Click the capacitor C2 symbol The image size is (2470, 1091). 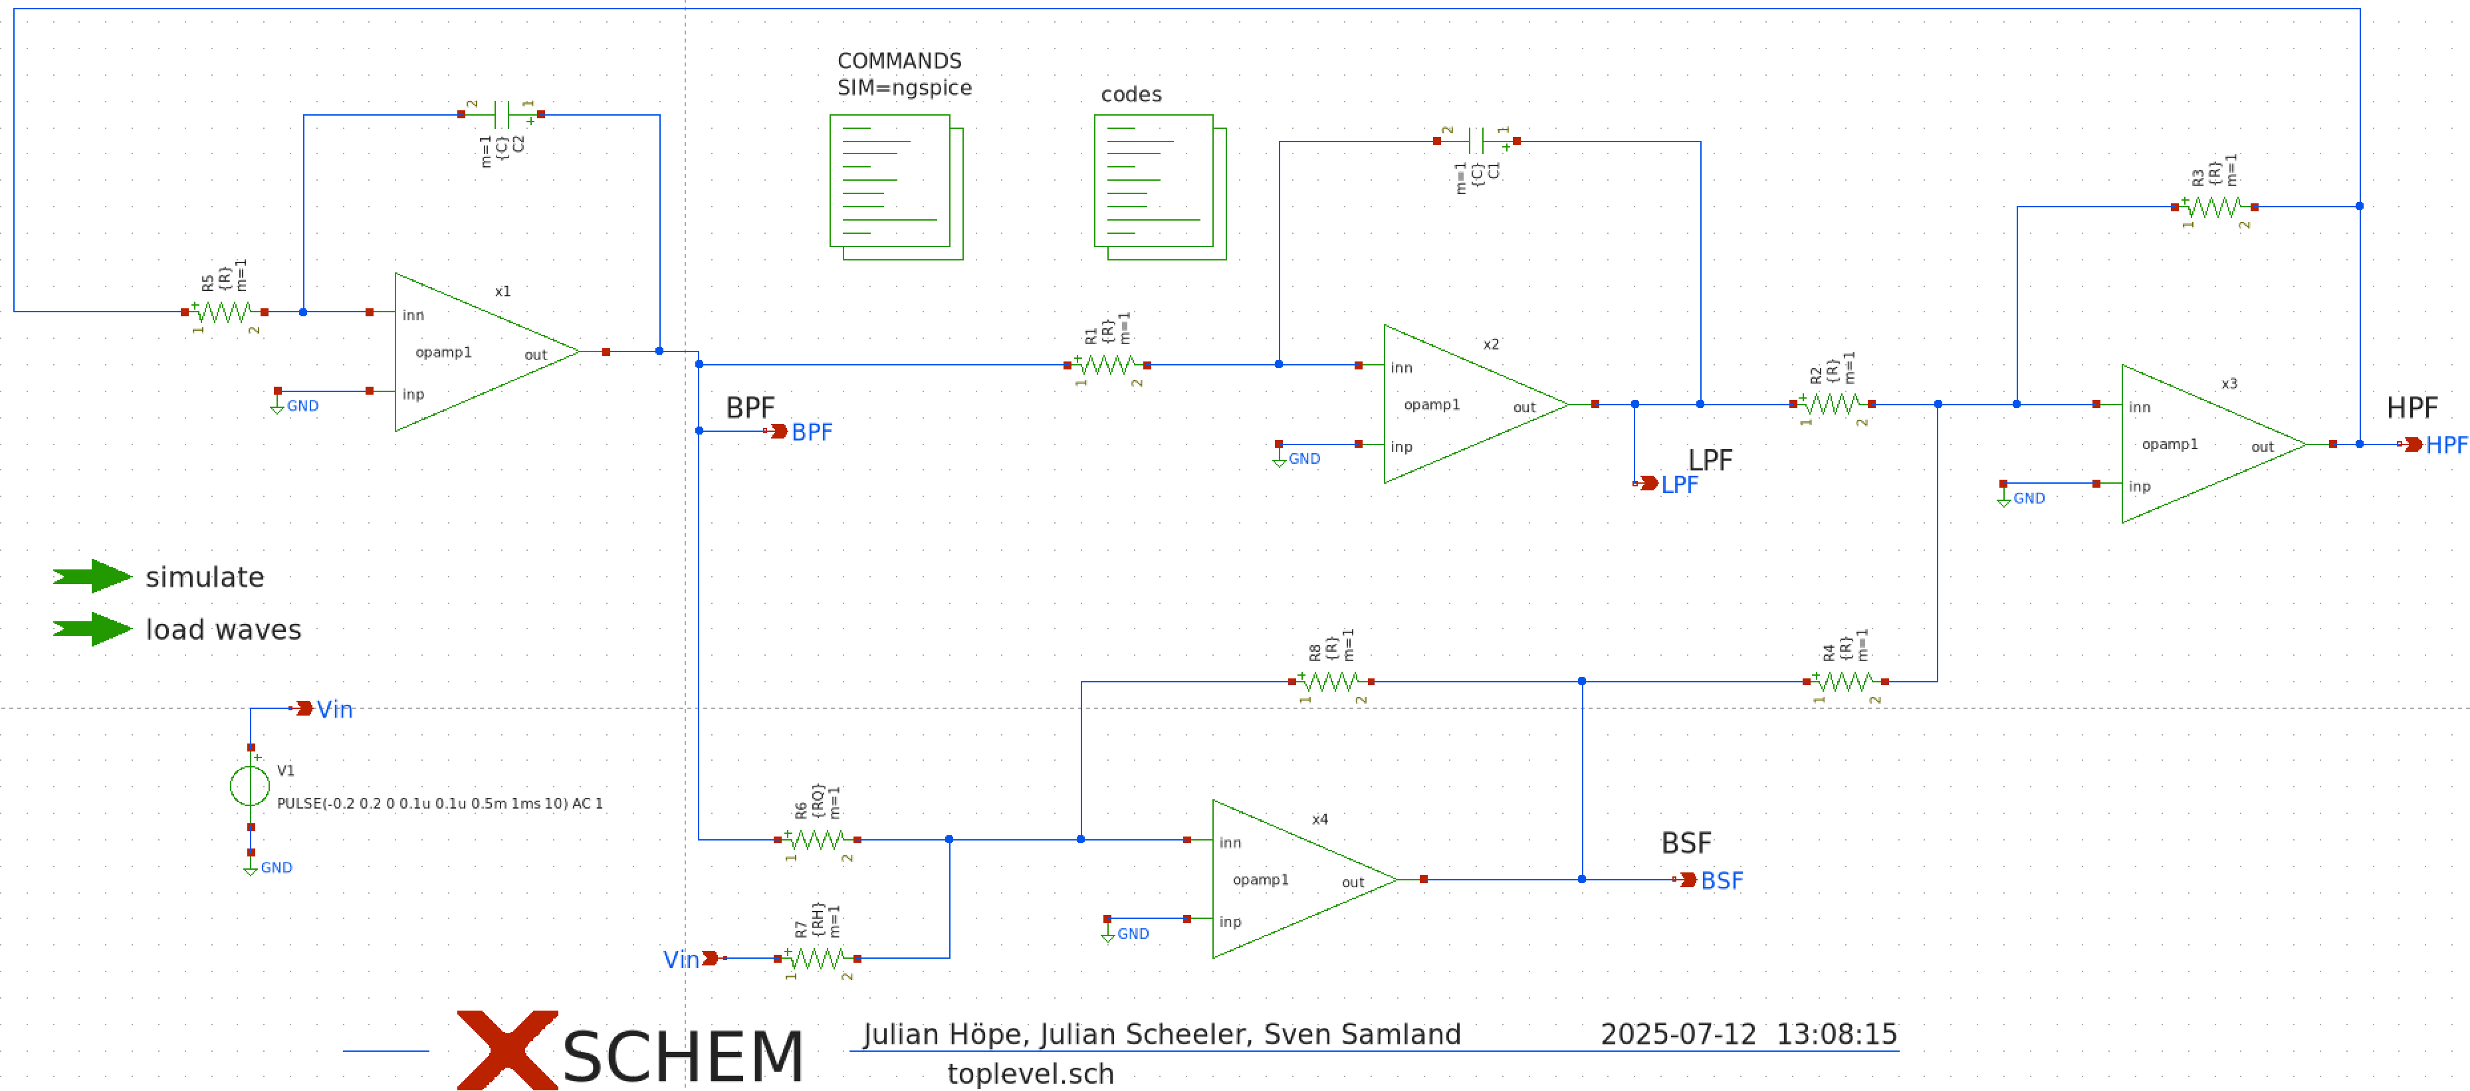pyautogui.click(x=501, y=114)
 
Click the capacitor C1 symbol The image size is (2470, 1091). pyautogui.click(x=1477, y=141)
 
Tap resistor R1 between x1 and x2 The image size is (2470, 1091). pyautogui.click(x=1107, y=364)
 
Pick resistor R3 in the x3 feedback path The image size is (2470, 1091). pyautogui.click(x=2214, y=206)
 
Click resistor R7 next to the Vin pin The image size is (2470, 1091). pyautogui.click(x=817, y=957)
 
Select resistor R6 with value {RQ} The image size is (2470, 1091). pyautogui.click(x=817, y=839)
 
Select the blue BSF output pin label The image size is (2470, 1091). pyautogui.click(x=1721, y=880)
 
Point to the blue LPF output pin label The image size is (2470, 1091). pyautogui.click(x=1679, y=484)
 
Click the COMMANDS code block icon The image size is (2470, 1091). pyautogui.click(x=895, y=187)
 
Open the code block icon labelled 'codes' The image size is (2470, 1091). pyautogui.click(x=1159, y=187)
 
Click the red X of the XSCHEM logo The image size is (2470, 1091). pyautogui.click(x=506, y=1049)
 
